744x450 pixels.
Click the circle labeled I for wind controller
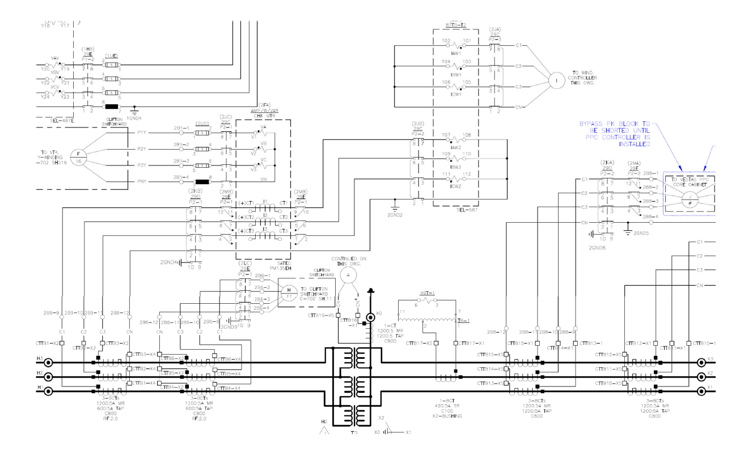tap(556, 81)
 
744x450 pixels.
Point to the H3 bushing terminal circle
tap(48, 363)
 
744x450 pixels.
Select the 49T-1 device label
tap(427, 294)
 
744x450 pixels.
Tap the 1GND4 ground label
tap(134, 117)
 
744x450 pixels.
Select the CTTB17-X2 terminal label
tap(421, 343)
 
